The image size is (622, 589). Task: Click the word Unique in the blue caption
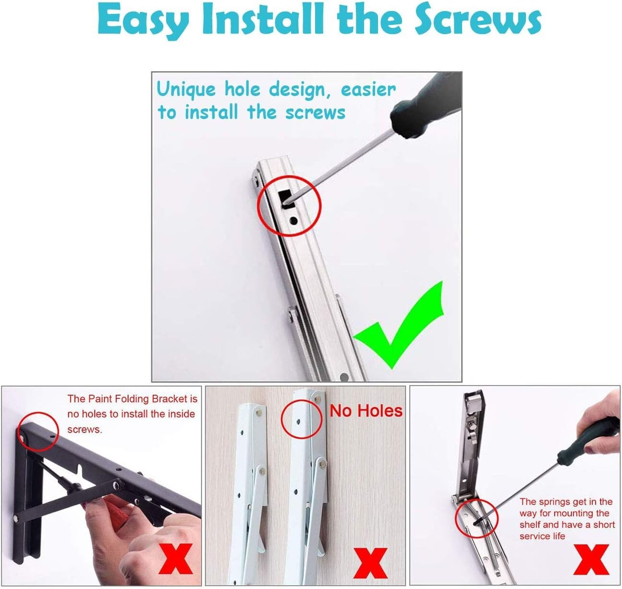pos(186,90)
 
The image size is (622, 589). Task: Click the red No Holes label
pos(366,411)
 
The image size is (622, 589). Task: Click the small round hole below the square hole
pos(292,221)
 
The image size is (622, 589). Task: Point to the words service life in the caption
pos(542,536)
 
